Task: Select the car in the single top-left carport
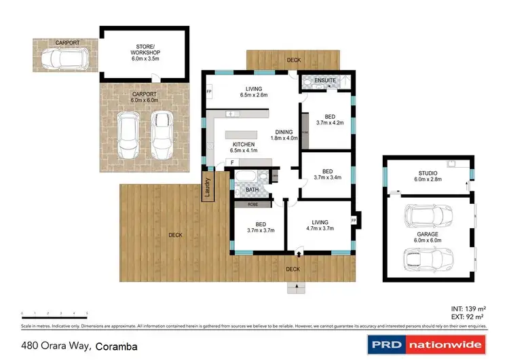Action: pyautogui.click(x=62, y=59)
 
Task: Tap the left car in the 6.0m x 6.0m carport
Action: pyautogui.click(x=128, y=133)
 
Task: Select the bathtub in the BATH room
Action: pyautogui.click(x=245, y=180)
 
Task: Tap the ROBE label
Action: pyautogui.click(x=252, y=203)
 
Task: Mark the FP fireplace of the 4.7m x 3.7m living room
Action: pyautogui.click(x=354, y=220)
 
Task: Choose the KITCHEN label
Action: pyautogui.click(x=244, y=145)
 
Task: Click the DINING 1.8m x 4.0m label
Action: pyautogui.click(x=284, y=136)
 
